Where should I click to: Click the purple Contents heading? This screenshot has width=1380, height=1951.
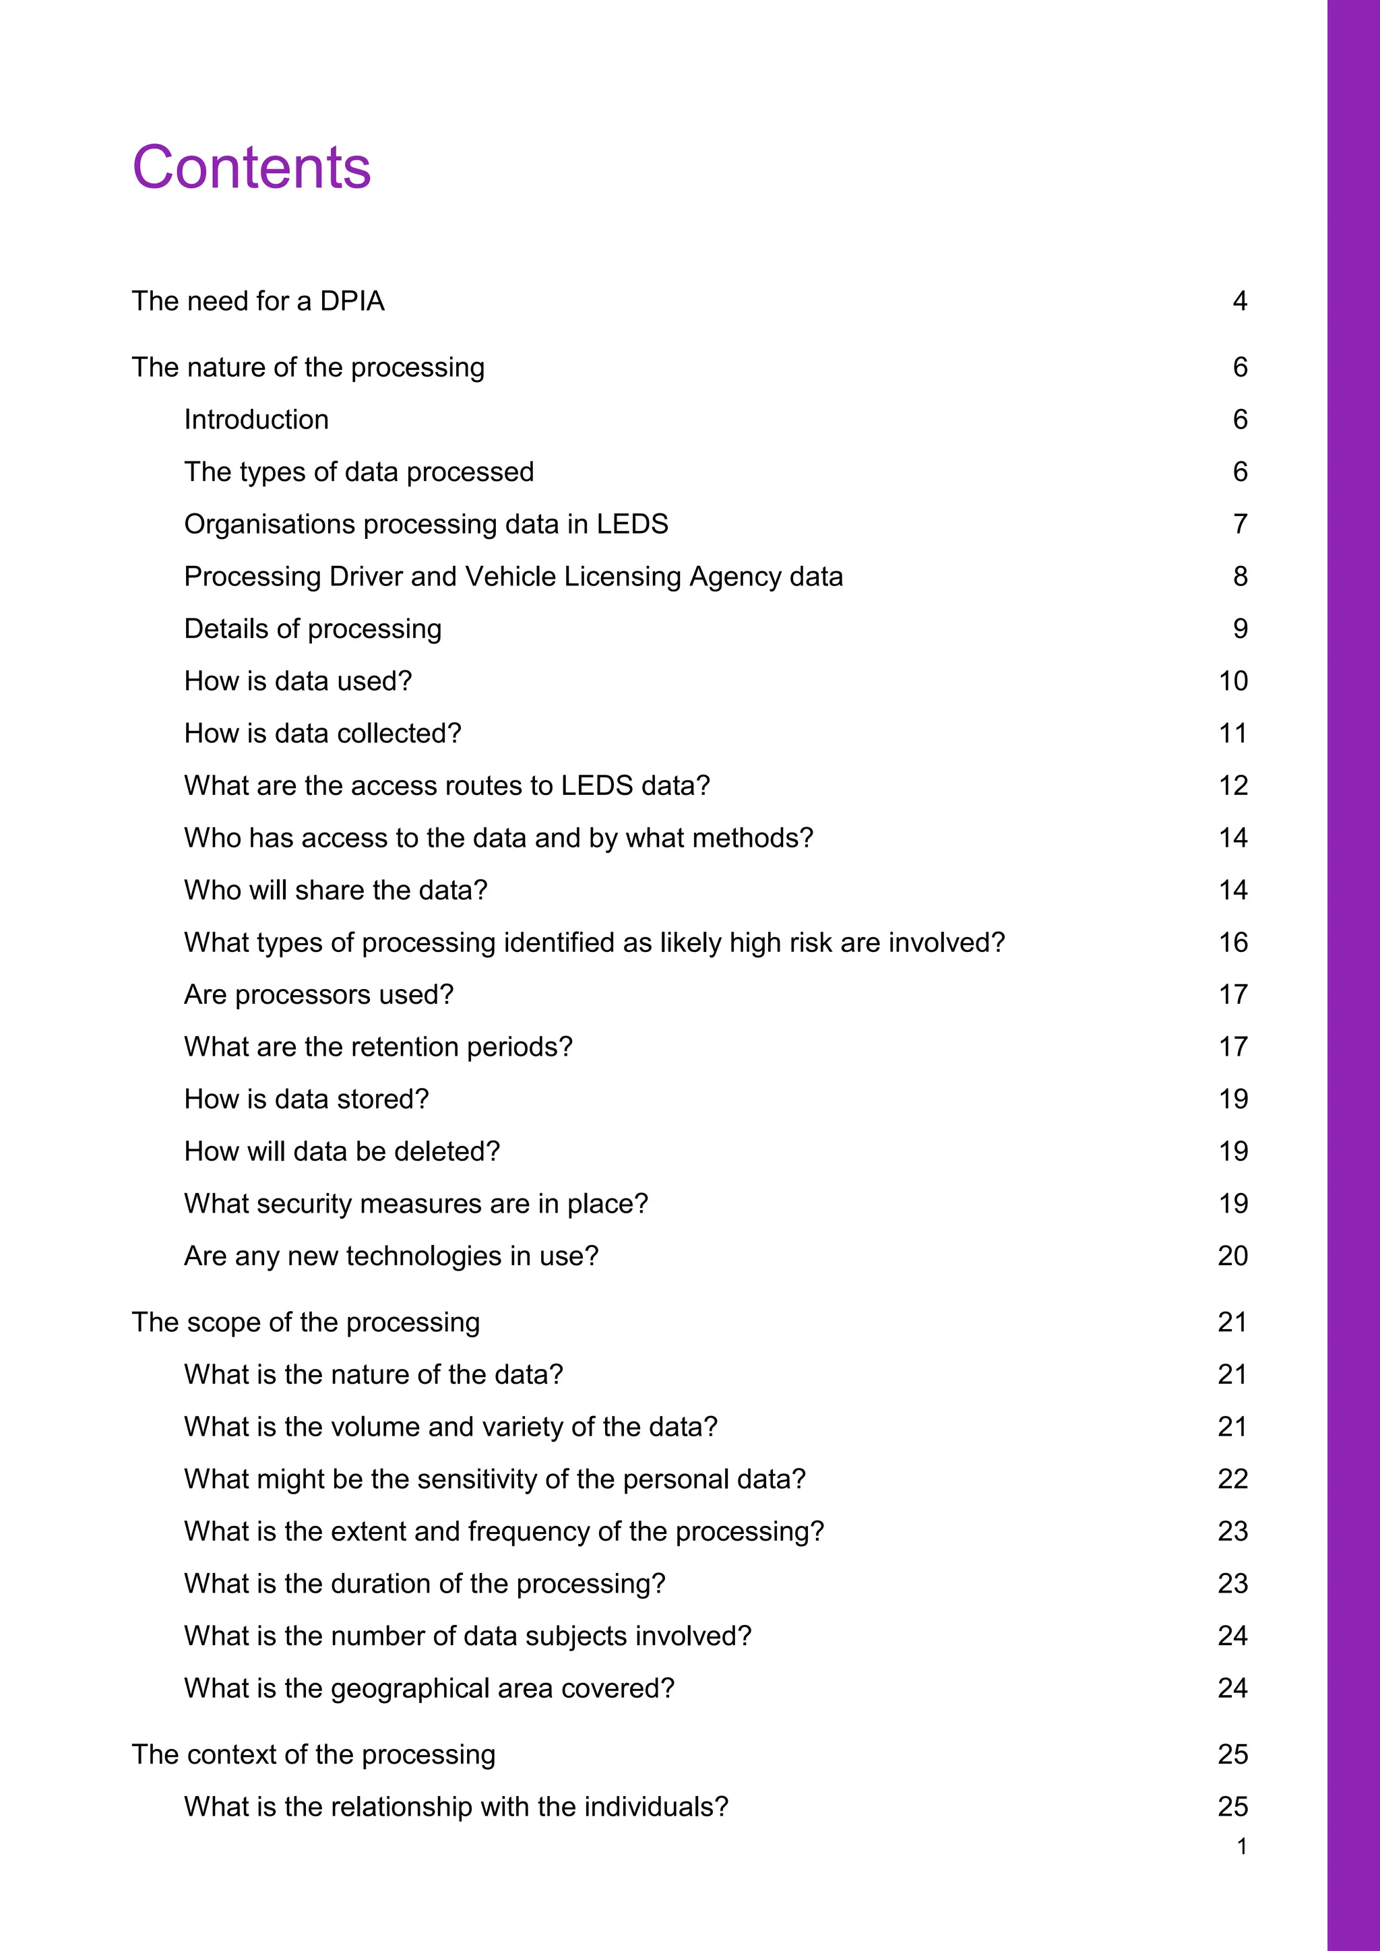tap(251, 167)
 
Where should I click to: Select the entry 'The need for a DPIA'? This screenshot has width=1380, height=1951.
tap(258, 301)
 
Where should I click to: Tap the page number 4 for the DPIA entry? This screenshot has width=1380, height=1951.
tap(1240, 301)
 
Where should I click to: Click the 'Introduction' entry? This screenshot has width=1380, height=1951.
tap(257, 420)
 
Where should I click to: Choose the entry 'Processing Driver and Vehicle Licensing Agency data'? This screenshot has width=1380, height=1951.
tap(513, 577)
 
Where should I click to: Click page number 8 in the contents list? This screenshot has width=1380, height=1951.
tap(1240, 577)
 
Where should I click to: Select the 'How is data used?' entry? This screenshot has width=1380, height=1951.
tap(299, 682)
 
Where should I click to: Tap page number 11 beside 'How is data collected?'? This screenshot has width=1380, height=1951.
tap(1233, 734)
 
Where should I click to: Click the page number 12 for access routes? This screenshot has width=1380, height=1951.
tap(1233, 786)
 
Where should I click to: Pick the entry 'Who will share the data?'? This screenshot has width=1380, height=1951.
tap(336, 891)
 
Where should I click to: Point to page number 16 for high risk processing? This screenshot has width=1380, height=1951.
tap(1233, 942)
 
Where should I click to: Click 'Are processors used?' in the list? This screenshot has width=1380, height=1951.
tap(319, 995)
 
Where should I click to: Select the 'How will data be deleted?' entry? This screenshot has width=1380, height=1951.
tap(342, 1151)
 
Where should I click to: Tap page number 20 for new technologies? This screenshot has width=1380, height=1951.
tap(1233, 1256)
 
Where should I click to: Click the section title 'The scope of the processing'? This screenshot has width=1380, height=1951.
tap(306, 1322)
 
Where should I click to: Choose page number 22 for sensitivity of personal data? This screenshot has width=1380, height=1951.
tap(1233, 1479)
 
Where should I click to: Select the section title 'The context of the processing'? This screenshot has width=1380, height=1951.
tap(313, 1755)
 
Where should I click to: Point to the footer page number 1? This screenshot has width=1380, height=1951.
tap(1241, 1847)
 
